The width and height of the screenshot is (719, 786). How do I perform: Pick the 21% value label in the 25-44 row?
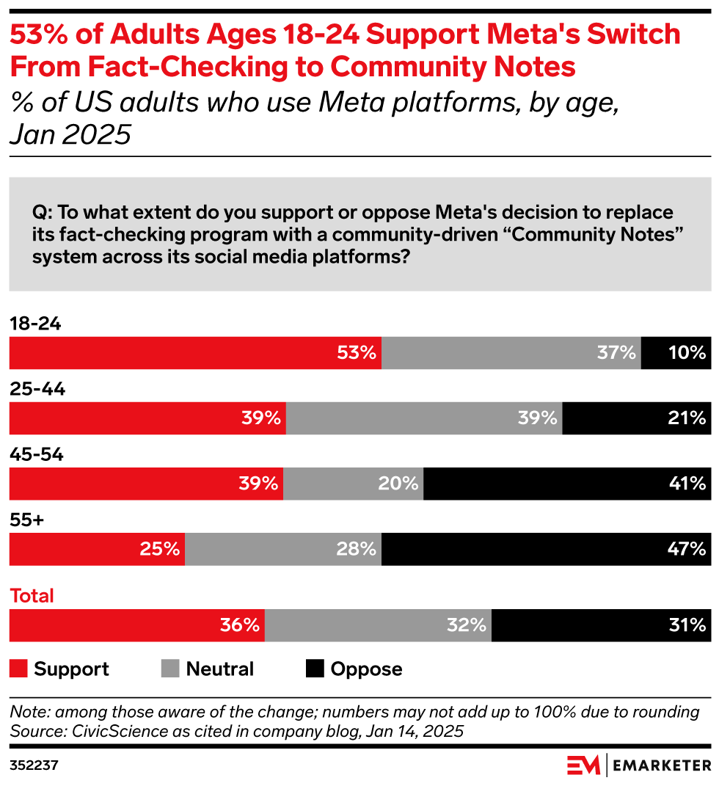(688, 418)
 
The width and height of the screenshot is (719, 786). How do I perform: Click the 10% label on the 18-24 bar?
(688, 353)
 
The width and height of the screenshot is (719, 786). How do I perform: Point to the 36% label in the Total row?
(240, 625)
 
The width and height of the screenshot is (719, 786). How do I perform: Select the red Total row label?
(32, 596)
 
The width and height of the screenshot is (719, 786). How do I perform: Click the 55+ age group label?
(26, 520)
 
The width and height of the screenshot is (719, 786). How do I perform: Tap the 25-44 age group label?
(37, 390)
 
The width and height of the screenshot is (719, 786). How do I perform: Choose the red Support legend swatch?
(18, 669)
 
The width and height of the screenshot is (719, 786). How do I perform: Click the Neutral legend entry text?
(219, 669)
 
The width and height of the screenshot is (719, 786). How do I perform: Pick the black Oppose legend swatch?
(315, 669)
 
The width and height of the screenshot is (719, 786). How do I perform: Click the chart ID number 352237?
(34, 765)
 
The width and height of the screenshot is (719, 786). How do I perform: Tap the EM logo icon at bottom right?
(583, 765)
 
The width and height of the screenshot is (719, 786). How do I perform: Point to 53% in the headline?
(38, 34)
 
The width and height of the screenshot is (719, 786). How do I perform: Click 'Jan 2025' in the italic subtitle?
(70, 134)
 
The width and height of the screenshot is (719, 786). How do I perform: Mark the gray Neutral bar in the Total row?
(378, 625)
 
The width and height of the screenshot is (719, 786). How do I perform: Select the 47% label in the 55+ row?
(688, 549)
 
